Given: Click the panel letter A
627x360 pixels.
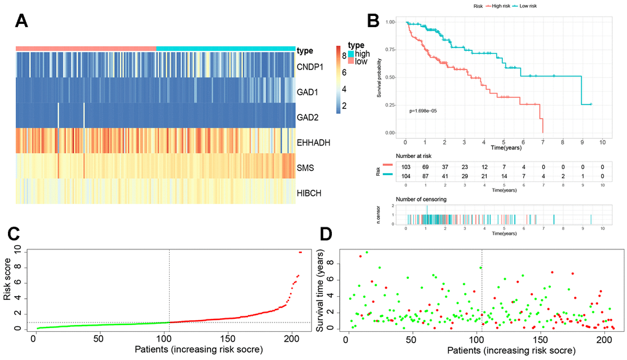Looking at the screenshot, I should pos(22,23).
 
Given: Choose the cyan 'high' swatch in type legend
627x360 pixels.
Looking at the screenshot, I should pos(352,55).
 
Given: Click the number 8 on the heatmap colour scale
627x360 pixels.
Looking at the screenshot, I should pos(344,55).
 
